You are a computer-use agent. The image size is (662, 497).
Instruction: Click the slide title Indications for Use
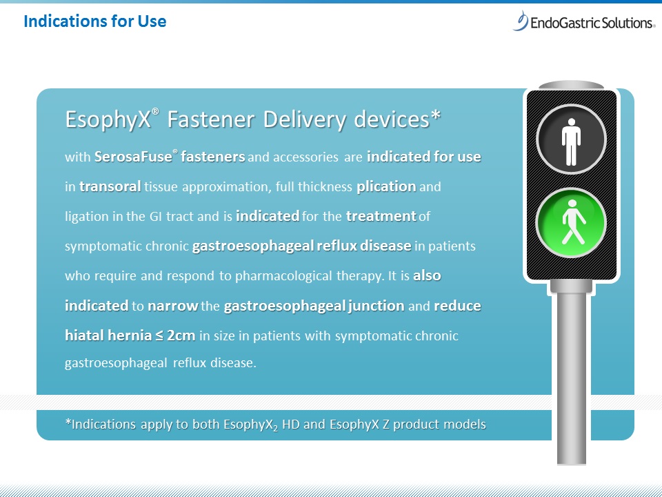[x=95, y=21]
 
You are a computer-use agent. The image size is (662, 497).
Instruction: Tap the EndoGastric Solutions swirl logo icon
[x=521, y=21]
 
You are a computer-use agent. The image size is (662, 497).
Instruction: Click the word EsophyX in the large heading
[x=108, y=119]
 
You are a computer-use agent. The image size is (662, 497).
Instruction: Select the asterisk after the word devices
[x=436, y=115]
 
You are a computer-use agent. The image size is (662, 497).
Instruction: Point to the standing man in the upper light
[x=571, y=142]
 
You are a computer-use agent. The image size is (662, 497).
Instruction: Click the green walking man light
[x=571, y=223]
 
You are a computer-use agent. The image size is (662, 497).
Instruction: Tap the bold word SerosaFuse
[x=133, y=157]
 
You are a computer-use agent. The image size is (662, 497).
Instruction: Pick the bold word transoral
[x=110, y=186]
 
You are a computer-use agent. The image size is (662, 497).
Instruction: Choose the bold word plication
[x=386, y=187]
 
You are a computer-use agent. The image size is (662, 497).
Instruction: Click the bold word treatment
[x=381, y=216]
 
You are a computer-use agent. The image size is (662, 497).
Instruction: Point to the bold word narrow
[x=173, y=306]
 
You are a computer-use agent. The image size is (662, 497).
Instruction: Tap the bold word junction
[x=377, y=306]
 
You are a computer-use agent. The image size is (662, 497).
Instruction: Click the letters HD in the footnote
[x=291, y=424]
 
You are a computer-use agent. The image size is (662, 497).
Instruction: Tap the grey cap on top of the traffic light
[x=571, y=85]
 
